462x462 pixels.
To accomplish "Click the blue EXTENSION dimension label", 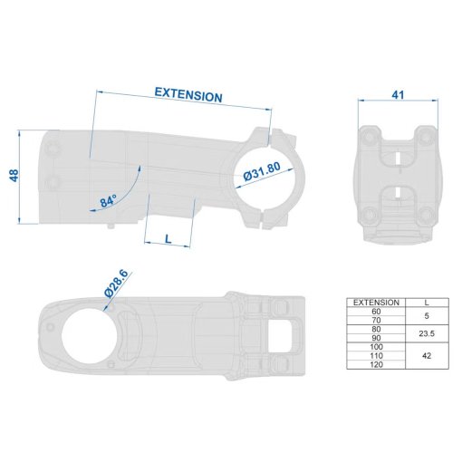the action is coord(188,95).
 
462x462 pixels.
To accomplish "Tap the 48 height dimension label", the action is coord(14,176).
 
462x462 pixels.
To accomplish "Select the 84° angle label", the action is coord(109,200).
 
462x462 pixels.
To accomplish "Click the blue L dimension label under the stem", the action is coord(168,239).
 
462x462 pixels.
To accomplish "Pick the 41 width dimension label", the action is coord(398,95).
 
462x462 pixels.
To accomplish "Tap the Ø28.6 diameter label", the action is coord(116,284).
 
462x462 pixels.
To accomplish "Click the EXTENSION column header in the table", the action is coord(376,303).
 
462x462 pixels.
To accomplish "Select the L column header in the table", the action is coord(427,303).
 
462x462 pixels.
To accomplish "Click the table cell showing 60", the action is coord(376,312).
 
